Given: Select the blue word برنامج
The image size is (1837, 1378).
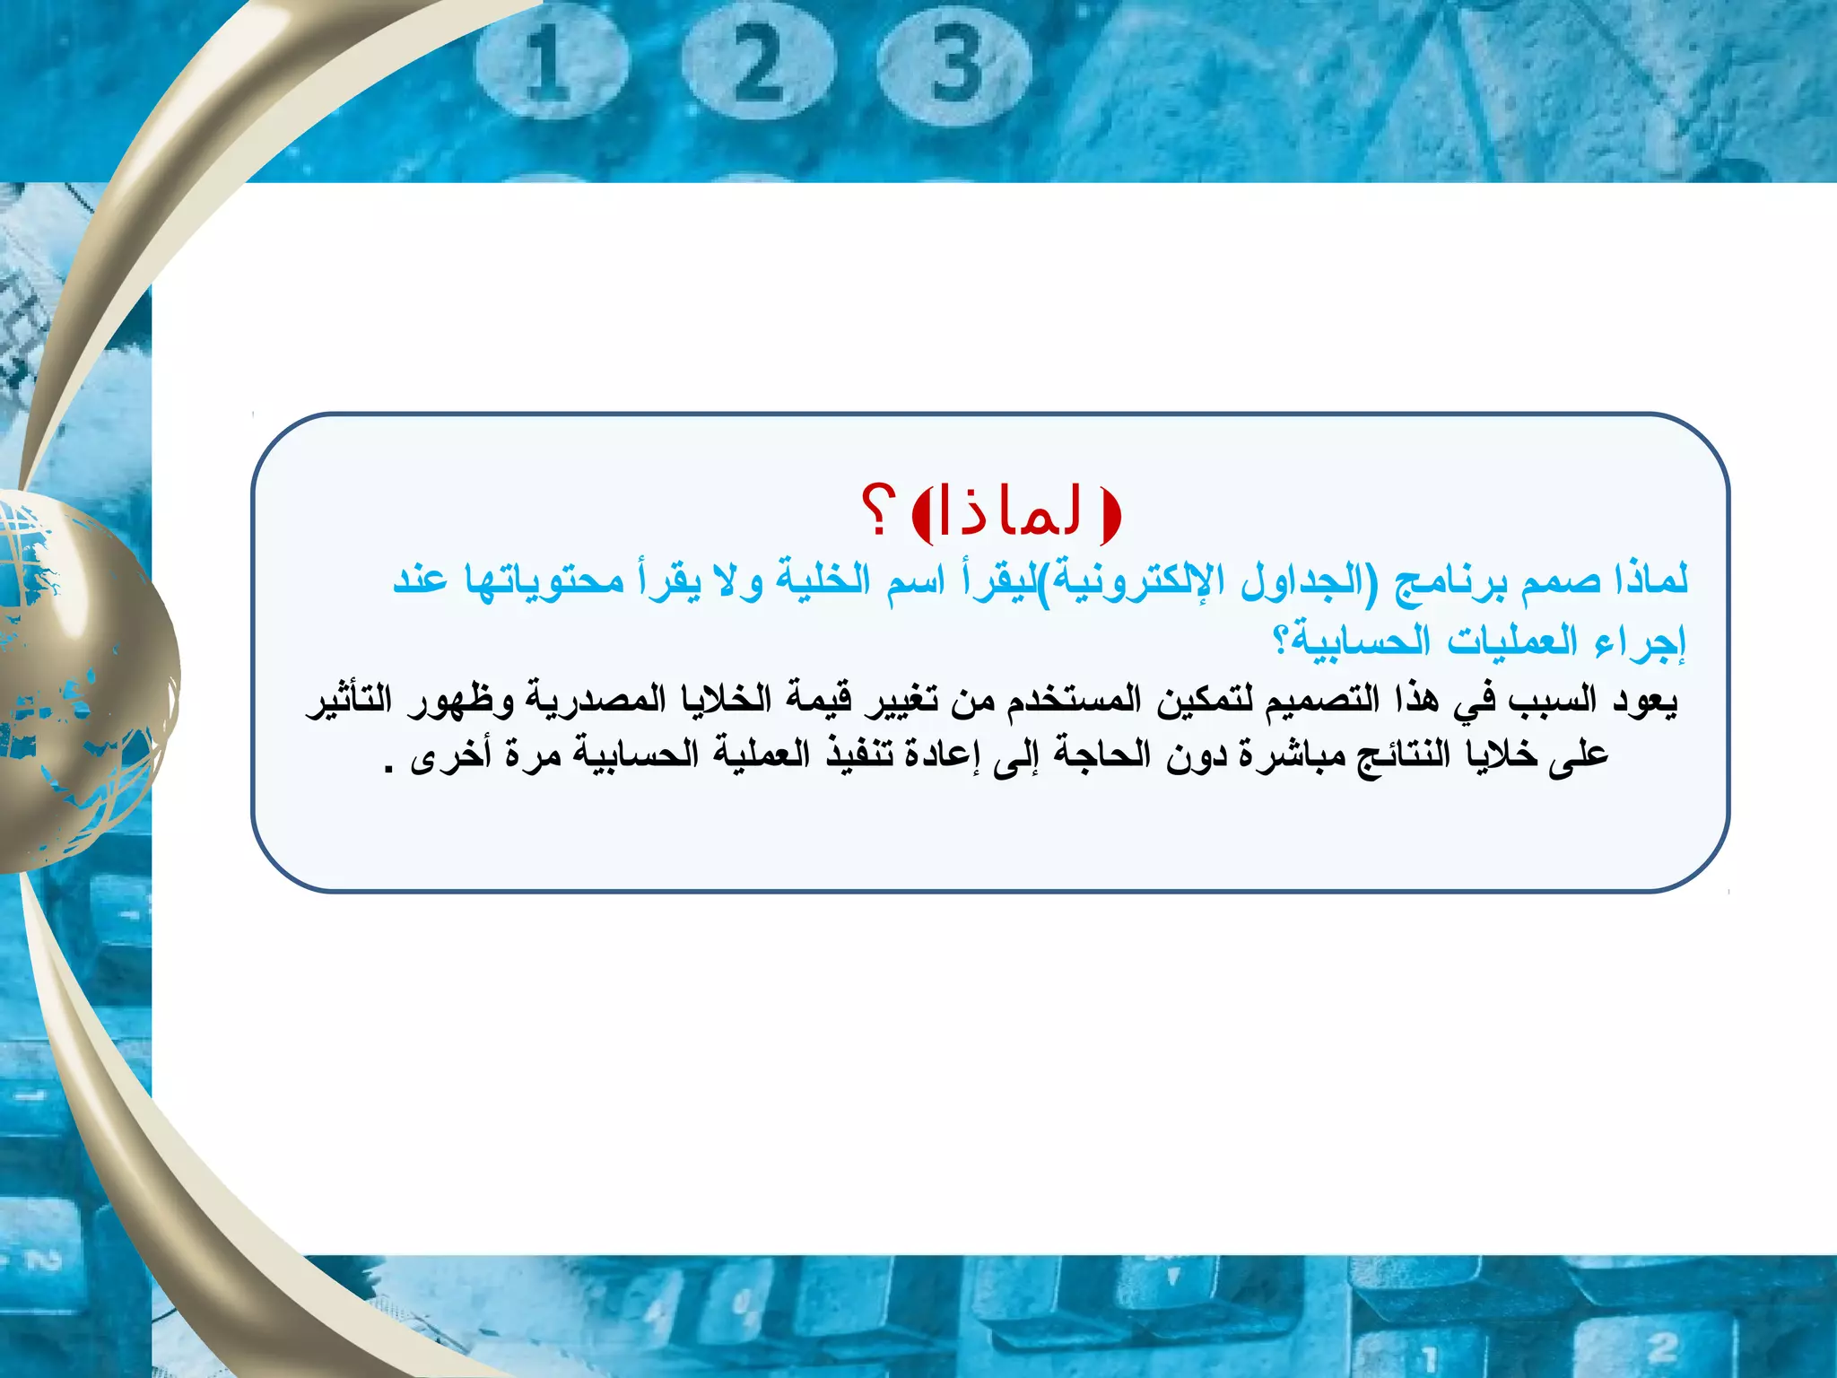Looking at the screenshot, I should pos(1450,580).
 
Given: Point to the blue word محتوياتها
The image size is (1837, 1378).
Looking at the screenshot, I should pos(544,580).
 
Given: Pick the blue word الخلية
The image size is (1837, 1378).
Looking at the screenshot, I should pos(814,580).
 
